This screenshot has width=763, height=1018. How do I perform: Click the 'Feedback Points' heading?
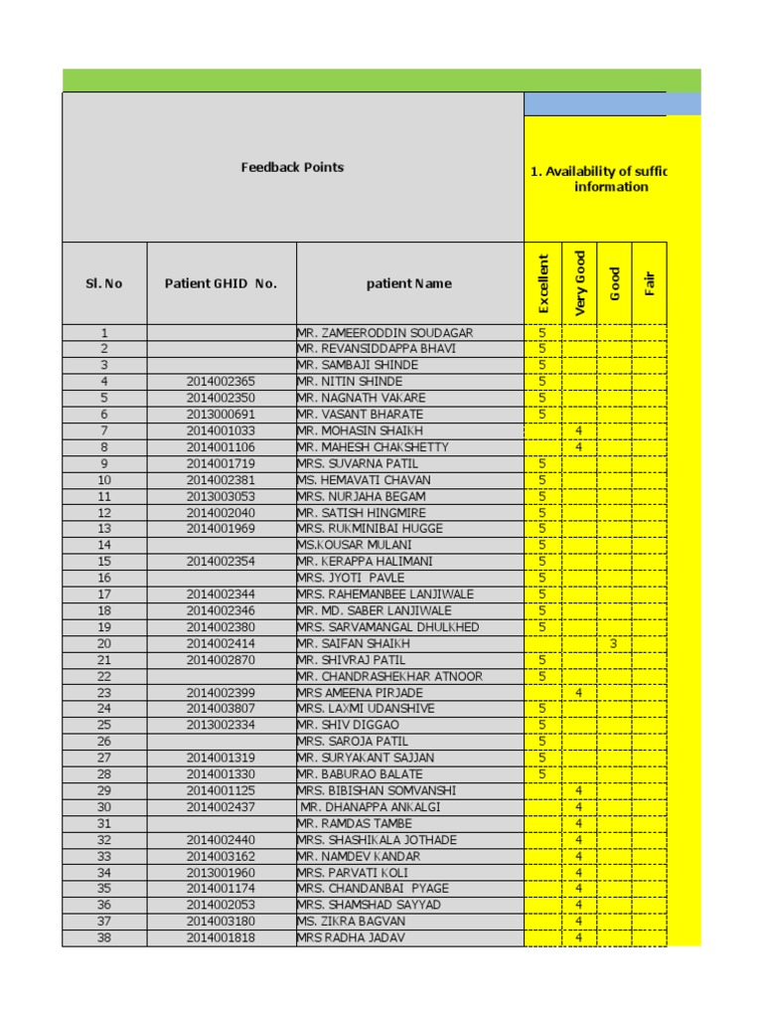(292, 167)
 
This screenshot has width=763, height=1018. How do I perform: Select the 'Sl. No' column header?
(104, 283)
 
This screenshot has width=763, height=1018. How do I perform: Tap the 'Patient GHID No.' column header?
(221, 283)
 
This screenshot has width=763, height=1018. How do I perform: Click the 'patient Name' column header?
(408, 283)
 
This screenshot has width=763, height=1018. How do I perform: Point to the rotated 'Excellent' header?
(542, 284)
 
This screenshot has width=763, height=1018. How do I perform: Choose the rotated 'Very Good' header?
(579, 284)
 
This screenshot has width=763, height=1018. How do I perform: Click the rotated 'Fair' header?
(650, 284)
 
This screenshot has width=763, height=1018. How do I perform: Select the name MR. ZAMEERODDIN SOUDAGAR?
(384, 333)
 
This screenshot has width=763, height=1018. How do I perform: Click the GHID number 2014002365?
(221, 382)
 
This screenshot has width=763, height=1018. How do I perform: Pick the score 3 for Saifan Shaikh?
(614, 644)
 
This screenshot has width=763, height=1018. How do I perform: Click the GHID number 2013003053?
(221, 496)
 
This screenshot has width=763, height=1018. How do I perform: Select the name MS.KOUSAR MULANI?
(355, 545)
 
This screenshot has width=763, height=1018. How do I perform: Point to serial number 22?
(104, 677)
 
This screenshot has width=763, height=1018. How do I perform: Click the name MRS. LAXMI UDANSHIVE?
(366, 709)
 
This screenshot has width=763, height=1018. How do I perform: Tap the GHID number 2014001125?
(221, 790)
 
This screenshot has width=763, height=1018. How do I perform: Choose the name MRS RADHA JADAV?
(351, 937)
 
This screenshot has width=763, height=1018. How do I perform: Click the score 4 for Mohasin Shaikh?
(578, 430)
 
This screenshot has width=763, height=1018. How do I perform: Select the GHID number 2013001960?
(221, 873)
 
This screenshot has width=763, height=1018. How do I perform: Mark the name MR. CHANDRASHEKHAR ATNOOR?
(390, 677)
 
